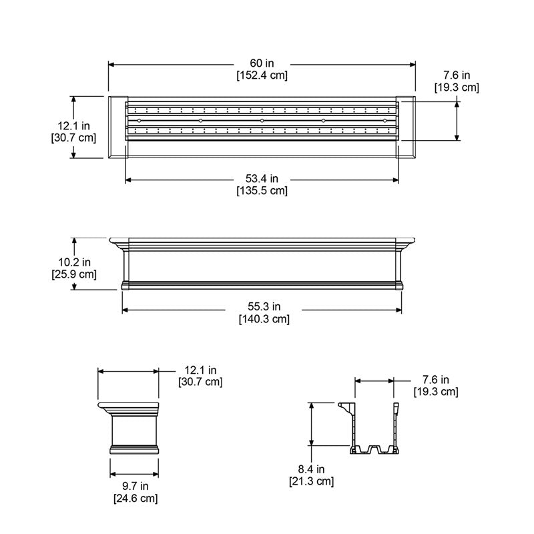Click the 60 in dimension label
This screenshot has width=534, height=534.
coord(262,63)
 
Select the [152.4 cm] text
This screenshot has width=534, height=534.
coord(262,75)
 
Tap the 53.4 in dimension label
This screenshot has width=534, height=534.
coord(262,179)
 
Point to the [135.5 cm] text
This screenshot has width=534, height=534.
coord(262,191)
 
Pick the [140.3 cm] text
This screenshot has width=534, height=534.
coord(264,320)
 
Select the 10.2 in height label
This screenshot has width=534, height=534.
coord(73,262)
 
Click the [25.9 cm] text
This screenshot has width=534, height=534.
coord(73,274)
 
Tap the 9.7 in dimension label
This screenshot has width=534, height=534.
coord(135,486)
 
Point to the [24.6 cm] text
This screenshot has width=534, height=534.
coord(135,498)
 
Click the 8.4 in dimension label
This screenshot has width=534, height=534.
coord(311,469)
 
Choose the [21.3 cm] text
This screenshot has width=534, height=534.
coord(311,481)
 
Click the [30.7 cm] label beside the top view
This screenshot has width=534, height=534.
coord(73,138)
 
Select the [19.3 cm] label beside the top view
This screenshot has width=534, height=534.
coord(457,87)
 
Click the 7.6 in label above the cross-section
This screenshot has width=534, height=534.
coord(435,379)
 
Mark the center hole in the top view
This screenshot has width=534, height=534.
coord(262,120)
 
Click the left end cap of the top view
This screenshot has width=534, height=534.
coord(117,127)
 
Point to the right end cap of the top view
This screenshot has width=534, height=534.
coord(407,127)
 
